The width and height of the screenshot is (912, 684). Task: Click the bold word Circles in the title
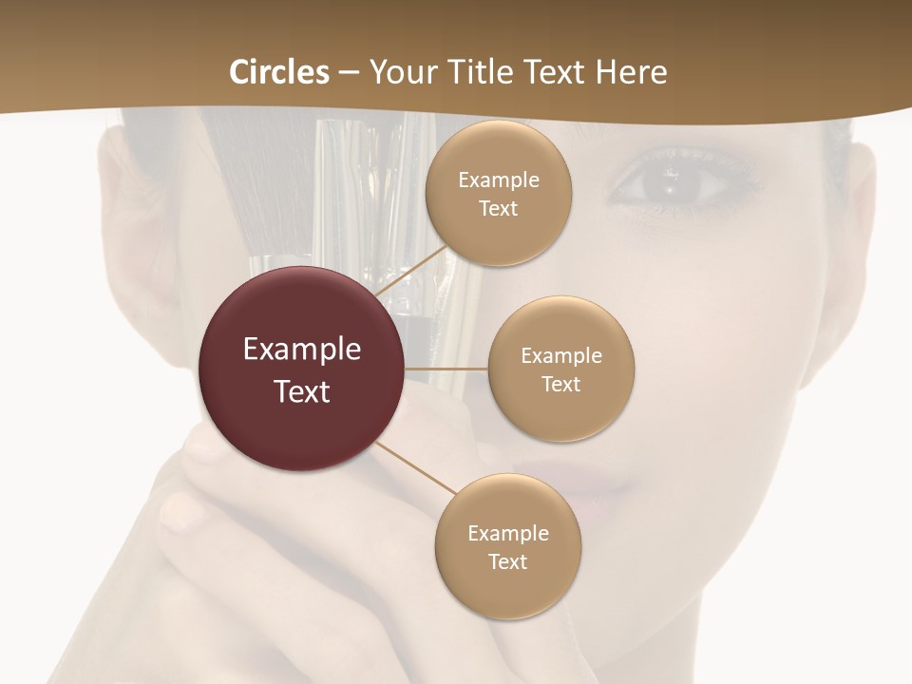click(279, 72)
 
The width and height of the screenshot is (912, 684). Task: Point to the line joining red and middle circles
click(446, 369)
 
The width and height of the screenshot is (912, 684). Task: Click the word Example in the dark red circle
click(302, 350)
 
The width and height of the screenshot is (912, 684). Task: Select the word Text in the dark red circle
click(302, 391)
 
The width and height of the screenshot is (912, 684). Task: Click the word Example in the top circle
click(498, 180)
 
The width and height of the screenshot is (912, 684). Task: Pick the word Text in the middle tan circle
click(560, 384)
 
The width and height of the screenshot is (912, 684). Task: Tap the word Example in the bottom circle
click(507, 533)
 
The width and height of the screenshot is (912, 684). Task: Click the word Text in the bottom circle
click(507, 561)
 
